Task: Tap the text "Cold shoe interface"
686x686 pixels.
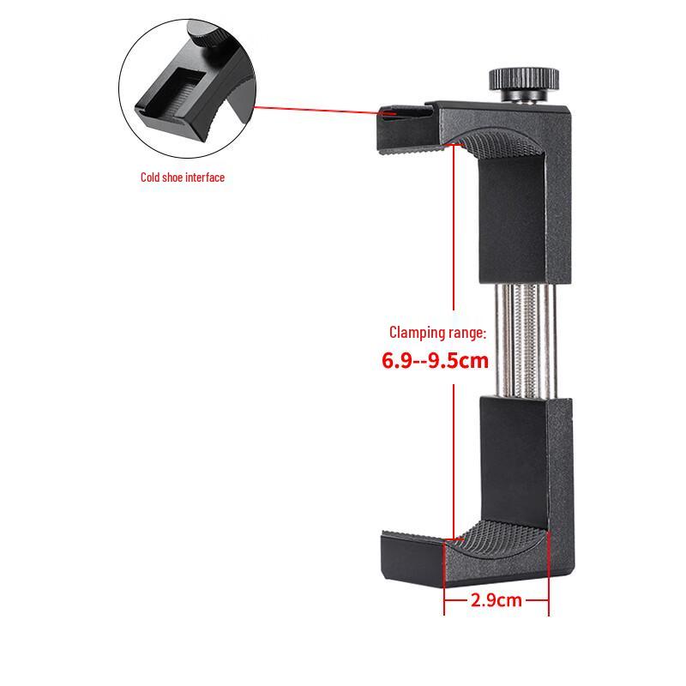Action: tap(183, 178)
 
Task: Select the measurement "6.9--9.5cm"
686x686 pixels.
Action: tap(435, 360)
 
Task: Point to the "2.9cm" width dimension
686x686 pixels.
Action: tap(496, 600)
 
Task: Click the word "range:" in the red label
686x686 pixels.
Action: tap(467, 333)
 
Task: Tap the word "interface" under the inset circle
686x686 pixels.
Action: tap(205, 178)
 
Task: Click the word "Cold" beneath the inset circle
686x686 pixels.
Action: tap(150, 178)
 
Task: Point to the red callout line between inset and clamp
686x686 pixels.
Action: tap(317, 110)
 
